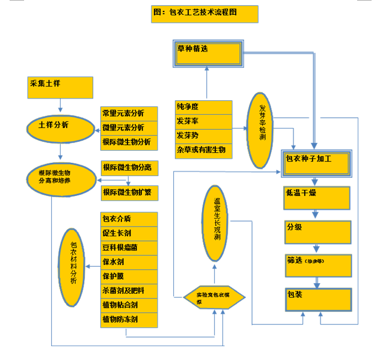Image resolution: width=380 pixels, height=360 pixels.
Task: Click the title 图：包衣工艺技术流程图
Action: click(204, 14)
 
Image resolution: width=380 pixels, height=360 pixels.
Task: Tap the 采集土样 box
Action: click(61, 88)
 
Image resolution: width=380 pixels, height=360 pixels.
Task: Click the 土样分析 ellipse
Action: click(61, 127)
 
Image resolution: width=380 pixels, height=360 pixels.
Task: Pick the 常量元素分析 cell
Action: click(129, 114)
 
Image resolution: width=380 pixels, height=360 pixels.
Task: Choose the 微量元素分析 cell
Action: click(129, 128)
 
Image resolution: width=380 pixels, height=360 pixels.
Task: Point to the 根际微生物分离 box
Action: click(129, 167)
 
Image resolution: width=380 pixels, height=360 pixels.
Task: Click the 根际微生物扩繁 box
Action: click(129, 192)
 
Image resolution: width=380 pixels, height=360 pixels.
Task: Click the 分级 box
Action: click(317, 231)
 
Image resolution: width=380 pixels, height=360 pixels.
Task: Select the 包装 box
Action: click(317, 299)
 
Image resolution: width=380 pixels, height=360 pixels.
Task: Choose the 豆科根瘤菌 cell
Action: click(129, 248)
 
